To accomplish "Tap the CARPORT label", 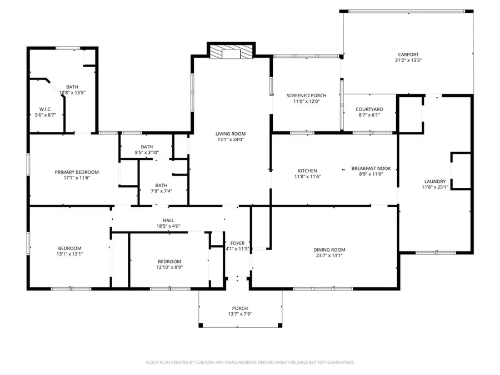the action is pyautogui.click(x=408, y=54).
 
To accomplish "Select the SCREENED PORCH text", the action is pyautogui.click(x=307, y=96).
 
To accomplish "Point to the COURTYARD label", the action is pyautogui.click(x=369, y=109).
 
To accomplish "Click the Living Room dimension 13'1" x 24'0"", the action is pyautogui.click(x=231, y=139).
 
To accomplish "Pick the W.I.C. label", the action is pyautogui.click(x=46, y=109).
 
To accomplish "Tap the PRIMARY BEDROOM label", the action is pyautogui.click(x=77, y=172).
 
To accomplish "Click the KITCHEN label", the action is pyautogui.click(x=307, y=171).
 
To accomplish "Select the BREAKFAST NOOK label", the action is pyautogui.click(x=371, y=168).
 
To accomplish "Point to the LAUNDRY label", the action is pyautogui.click(x=435, y=182).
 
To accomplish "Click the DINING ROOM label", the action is pyautogui.click(x=329, y=250).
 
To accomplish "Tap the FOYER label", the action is pyautogui.click(x=238, y=243).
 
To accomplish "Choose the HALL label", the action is pyautogui.click(x=168, y=221).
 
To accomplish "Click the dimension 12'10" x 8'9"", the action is pyautogui.click(x=169, y=267).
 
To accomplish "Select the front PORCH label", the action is pyautogui.click(x=240, y=308).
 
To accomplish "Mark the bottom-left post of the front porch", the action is pyautogui.click(x=201, y=325).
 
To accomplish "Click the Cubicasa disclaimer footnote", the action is pyautogui.click(x=249, y=363).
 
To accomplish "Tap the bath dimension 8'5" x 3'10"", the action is pyautogui.click(x=147, y=153).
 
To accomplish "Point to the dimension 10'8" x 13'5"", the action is pyautogui.click(x=72, y=93).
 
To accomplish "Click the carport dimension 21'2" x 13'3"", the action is pyautogui.click(x=408, y=60).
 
